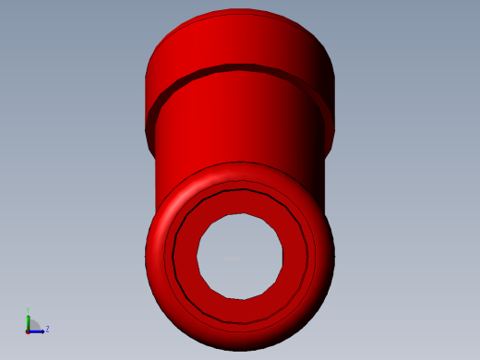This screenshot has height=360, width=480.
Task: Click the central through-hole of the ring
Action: coord(240,257)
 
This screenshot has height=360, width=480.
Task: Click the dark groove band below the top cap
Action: coord(240,69)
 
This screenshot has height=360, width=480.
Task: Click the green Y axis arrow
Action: coord(29,320)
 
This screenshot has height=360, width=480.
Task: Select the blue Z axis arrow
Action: coord(38,330)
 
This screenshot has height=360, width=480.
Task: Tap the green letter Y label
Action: coord(29,310)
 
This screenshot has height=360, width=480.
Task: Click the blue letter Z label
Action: coord(47,329)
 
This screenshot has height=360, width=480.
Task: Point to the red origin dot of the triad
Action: coord(29,330)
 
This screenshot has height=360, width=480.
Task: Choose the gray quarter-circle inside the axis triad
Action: coord(33,326)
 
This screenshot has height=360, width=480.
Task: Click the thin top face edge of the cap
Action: coord(240,13)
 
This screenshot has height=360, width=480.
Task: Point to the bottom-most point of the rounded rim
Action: coord(240,350)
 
